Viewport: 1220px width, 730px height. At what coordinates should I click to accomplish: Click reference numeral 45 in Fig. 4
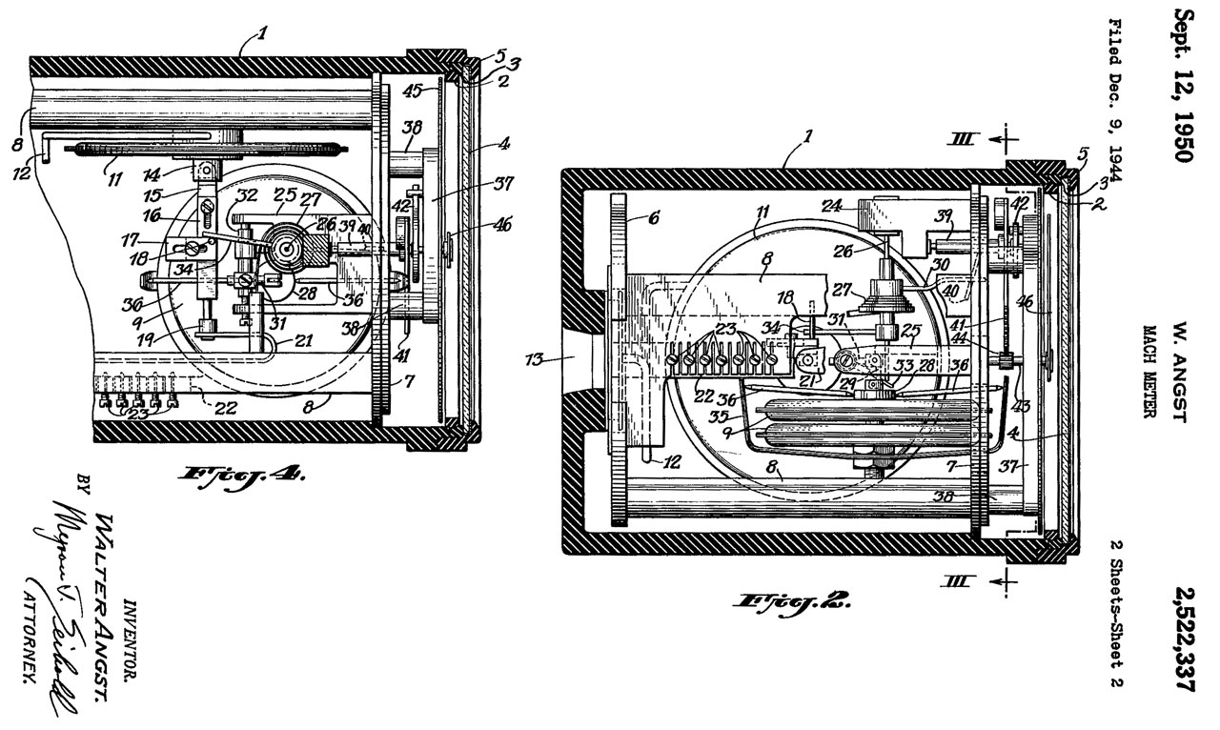411,92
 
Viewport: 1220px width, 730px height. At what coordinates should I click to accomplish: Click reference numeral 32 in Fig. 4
220,197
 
